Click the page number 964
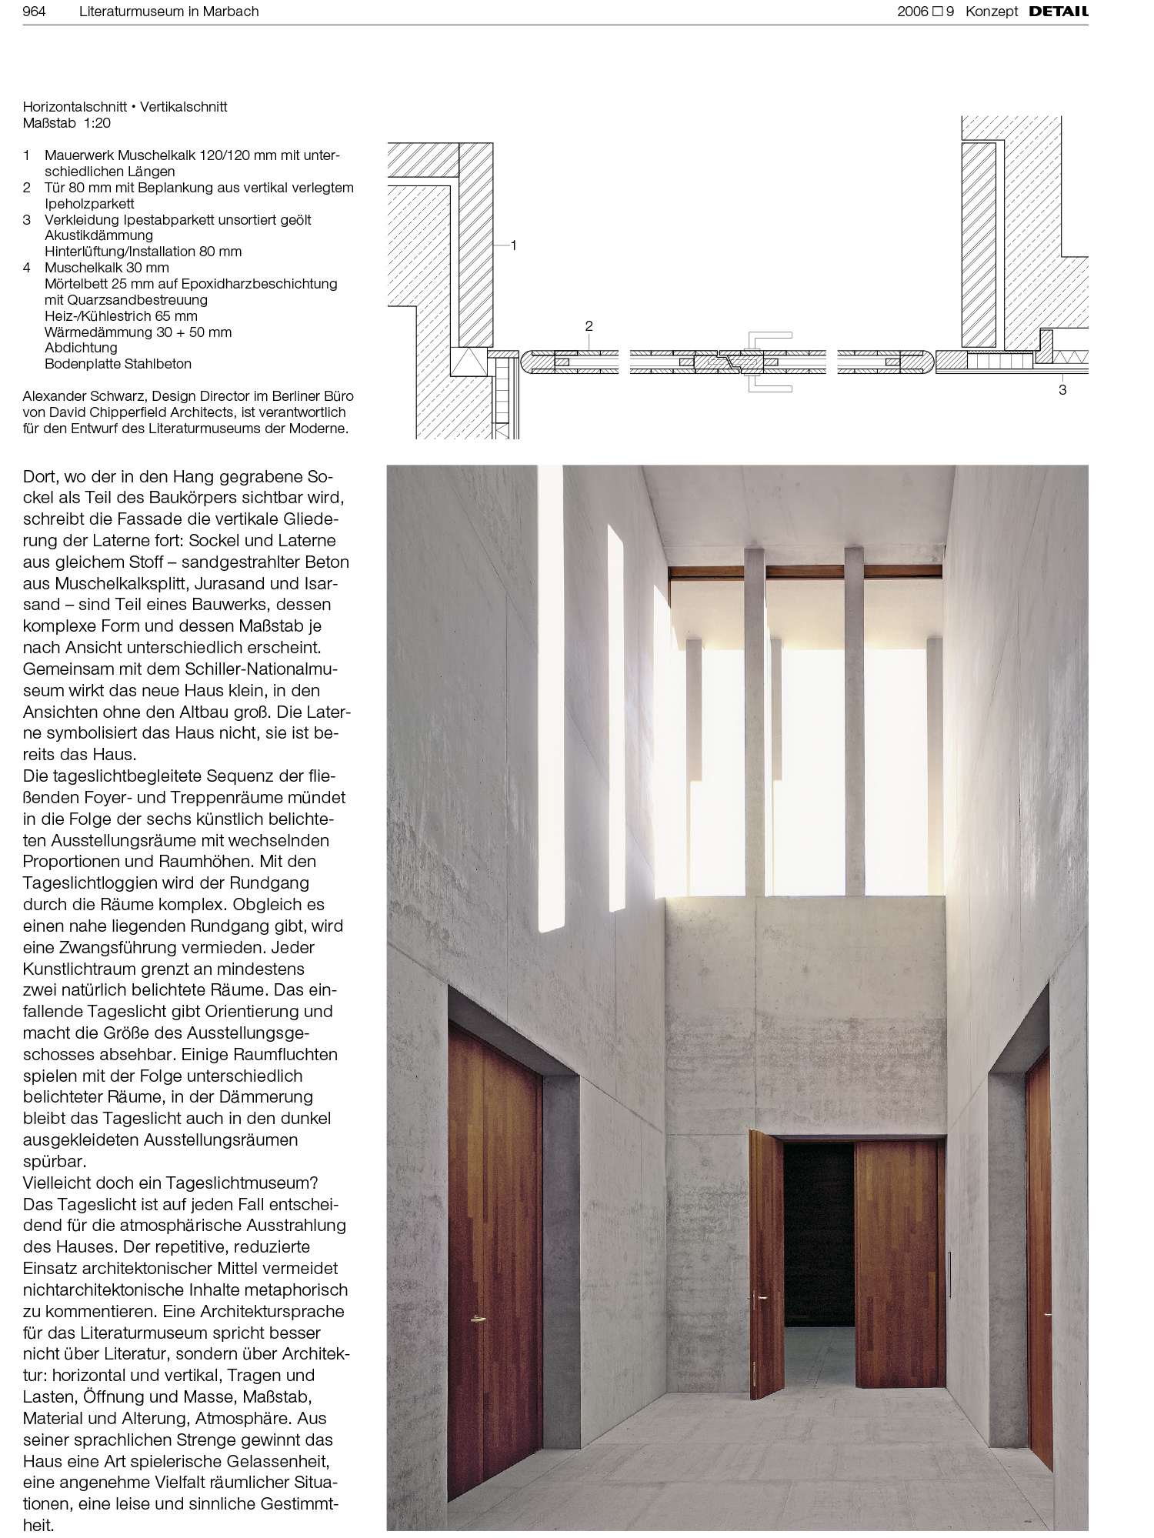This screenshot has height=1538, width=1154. point(34,12)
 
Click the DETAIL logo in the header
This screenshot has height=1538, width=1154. point(1058,12)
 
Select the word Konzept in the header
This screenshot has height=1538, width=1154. point(991,12)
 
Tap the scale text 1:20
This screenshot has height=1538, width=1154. point(97,123)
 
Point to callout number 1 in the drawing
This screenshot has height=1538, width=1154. point(513,245)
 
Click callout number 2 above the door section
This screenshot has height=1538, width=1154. point(589,326)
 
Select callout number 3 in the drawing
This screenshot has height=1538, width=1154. point(1062,390)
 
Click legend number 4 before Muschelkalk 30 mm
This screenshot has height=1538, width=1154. point(27,268)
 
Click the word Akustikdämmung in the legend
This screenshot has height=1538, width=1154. point(98,235)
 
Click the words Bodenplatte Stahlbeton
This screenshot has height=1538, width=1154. point(118,364)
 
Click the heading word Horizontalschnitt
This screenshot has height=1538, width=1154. point(75,107)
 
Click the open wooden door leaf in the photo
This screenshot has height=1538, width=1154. point(765,1262)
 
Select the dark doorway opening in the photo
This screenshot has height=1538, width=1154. point(819,1231)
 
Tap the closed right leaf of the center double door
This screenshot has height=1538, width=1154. point(899,1262)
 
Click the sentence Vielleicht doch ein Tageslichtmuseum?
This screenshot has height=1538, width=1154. point(170,1183)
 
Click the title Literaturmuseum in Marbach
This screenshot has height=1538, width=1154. point(168,12)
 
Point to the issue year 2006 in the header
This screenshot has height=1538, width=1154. point(912,12)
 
